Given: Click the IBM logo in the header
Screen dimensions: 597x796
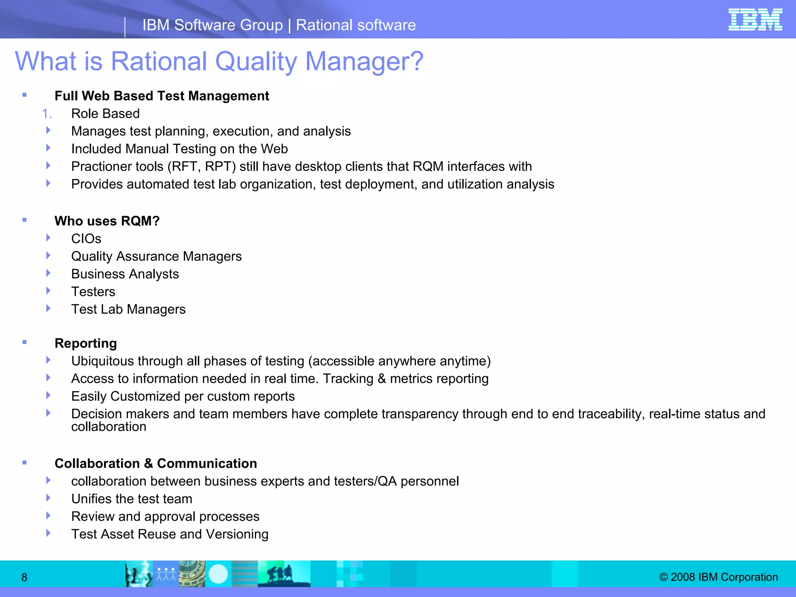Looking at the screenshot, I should pos(755,19).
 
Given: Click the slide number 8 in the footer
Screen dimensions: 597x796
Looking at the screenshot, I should pos(24,578).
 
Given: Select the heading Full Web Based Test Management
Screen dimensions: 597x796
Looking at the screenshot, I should pos(162,96).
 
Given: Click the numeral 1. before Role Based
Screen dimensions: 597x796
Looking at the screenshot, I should pos(47,114).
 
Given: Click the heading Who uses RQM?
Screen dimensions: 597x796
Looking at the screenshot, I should pos(107,221).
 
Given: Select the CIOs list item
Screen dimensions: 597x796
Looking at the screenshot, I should pos(86,239).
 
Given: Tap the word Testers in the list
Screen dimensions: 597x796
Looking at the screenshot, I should pos(93,292).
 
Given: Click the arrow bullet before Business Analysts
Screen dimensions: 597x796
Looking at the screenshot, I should pos(48,273).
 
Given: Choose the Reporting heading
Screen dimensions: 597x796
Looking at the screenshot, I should pos(86,344).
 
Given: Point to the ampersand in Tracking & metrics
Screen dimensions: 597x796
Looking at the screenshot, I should pos(382,379).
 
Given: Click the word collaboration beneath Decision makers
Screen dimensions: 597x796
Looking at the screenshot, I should pos(109,427).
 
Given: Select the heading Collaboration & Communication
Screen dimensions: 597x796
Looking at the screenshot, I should pos(155,464).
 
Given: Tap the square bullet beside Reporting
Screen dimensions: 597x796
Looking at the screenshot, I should pos(24,342).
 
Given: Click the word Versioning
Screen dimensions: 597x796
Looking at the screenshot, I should pos(237,534).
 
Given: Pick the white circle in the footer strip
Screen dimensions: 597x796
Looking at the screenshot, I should pos(218,574).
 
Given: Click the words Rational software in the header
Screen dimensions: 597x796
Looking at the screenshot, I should pos(356,25).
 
